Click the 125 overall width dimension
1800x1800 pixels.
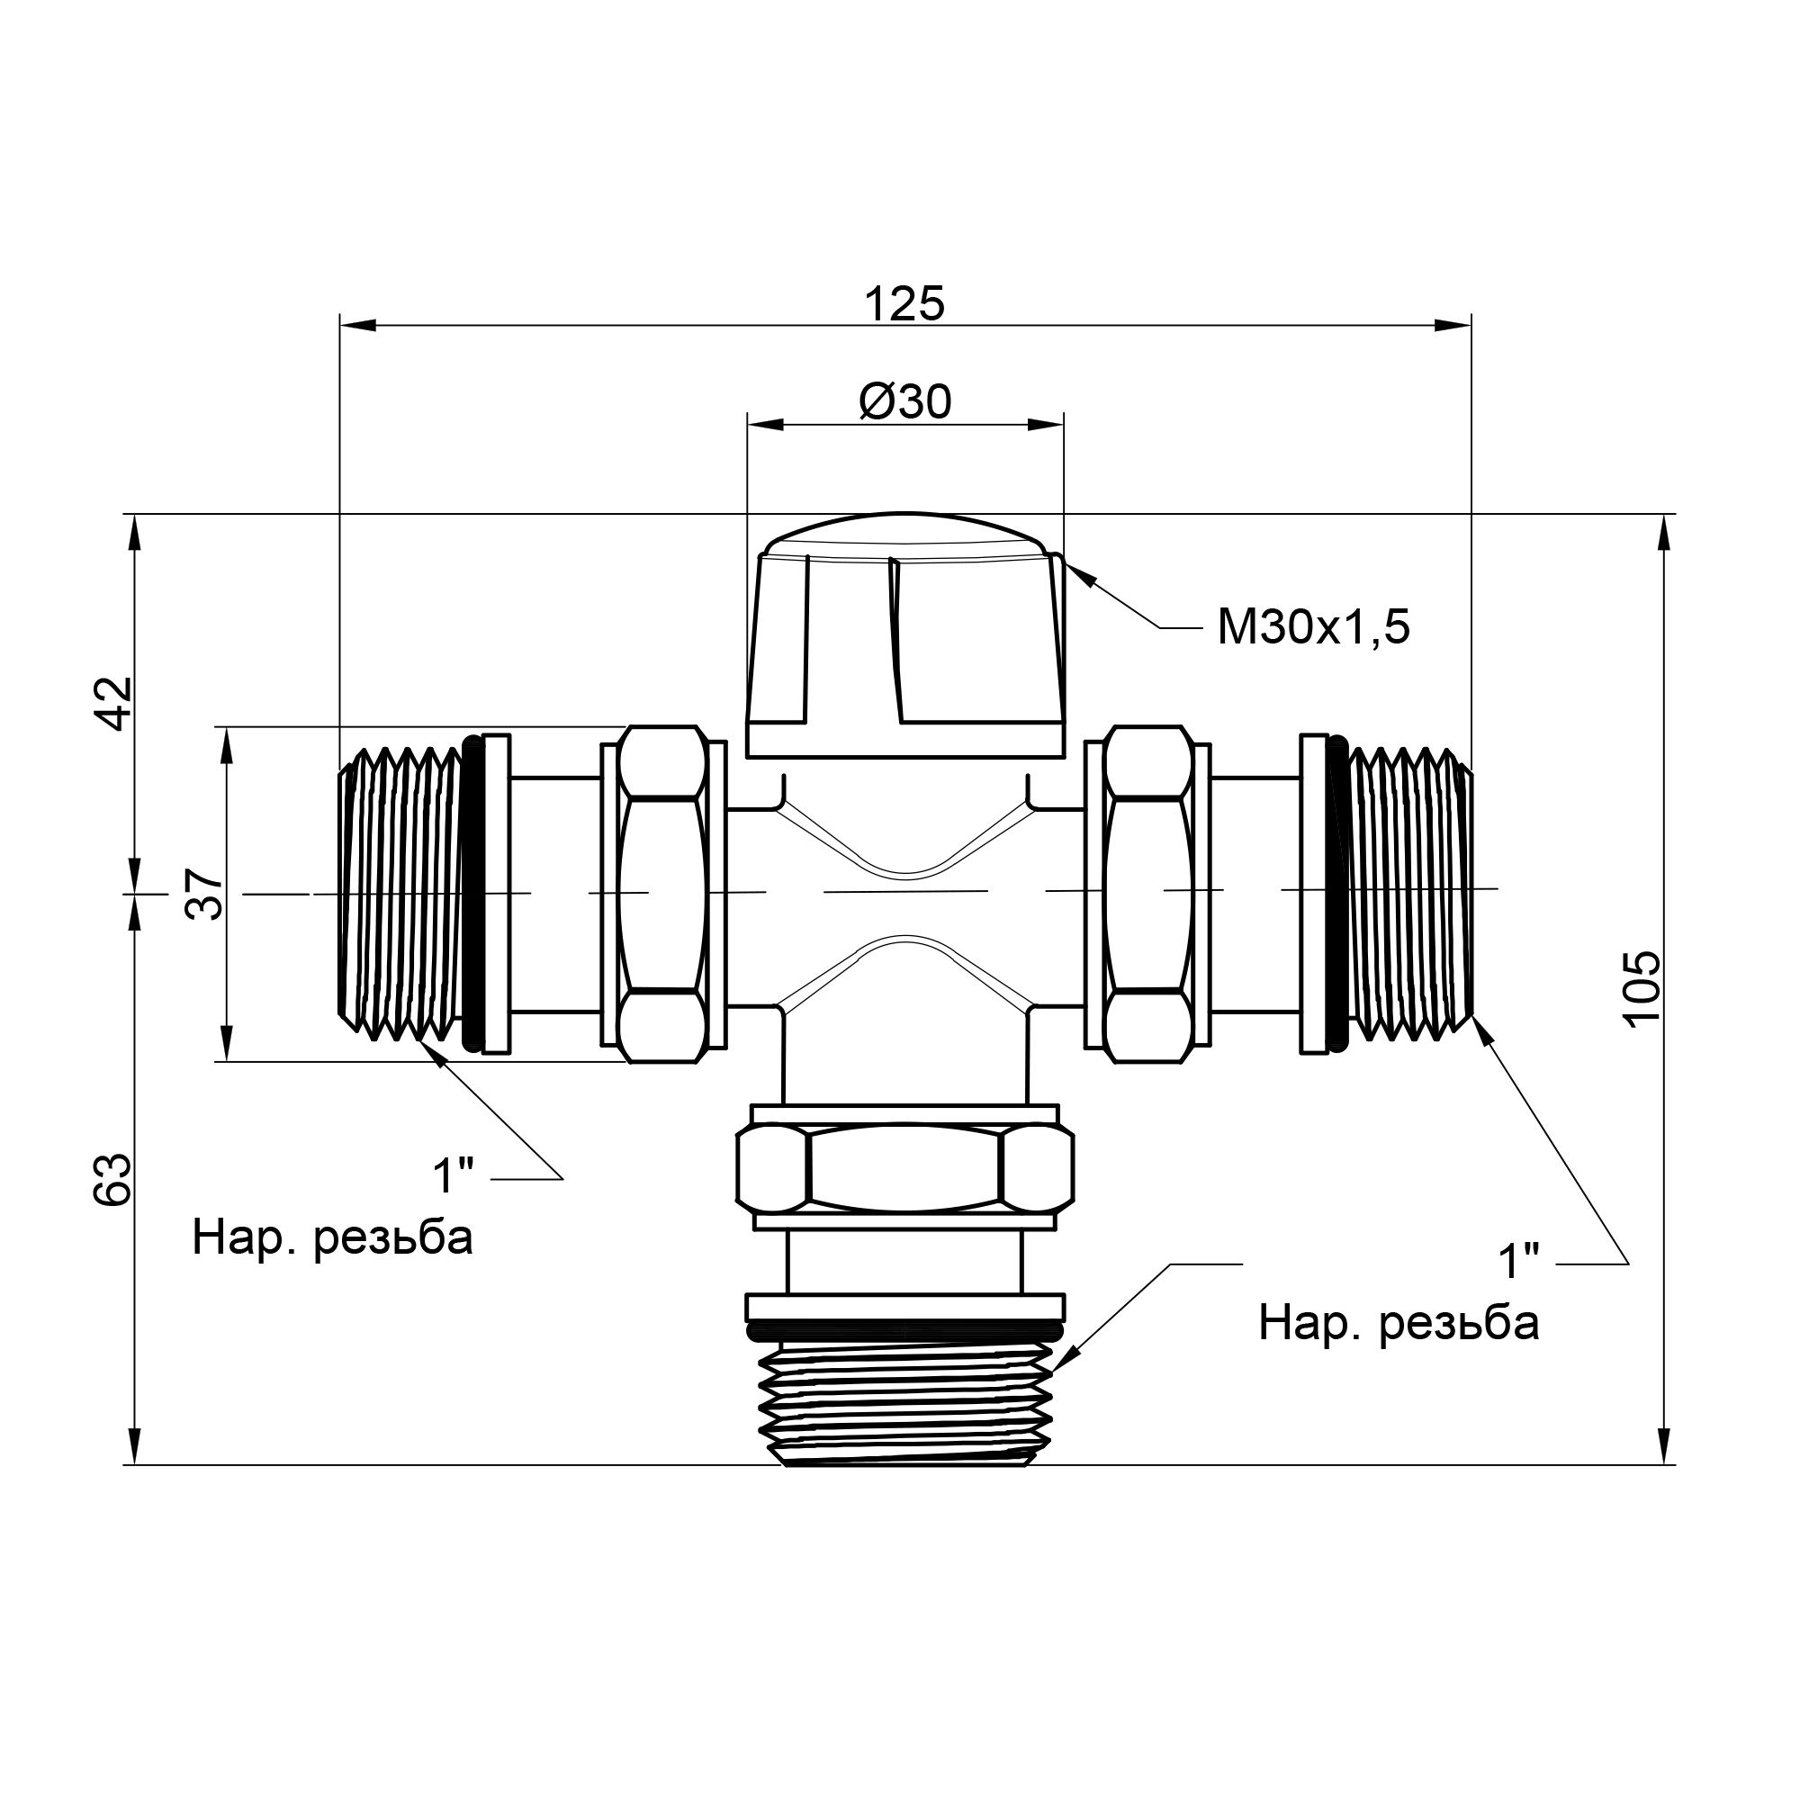(904, 302)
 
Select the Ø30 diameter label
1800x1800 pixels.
(904, 402)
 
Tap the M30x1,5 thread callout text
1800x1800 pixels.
(1314, 629)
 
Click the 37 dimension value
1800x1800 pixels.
(205, 895)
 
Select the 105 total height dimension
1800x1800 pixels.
(1642, 987)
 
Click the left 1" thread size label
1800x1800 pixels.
(454, 1175)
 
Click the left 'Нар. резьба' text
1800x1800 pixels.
(333, 1238)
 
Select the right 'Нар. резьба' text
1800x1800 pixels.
(1399, 1323)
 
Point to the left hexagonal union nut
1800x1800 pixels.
(662, 895)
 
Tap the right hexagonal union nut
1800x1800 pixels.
(1147, 895)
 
